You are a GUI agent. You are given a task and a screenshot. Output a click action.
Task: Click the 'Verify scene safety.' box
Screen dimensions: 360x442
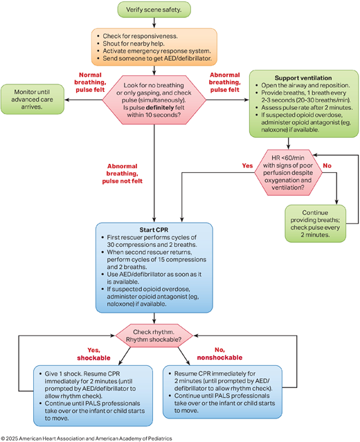pos(154,10)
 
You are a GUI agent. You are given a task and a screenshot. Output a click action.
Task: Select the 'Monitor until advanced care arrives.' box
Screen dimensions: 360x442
pos(32,99)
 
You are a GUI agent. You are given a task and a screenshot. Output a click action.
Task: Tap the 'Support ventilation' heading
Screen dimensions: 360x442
pos(303,78)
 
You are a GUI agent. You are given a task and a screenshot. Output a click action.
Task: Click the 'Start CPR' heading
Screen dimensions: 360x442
pos(154,230)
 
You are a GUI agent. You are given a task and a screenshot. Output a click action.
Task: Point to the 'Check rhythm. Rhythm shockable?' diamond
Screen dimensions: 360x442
pos(154,335)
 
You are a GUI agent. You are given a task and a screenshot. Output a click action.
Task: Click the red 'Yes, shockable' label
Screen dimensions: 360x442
pos(93,354)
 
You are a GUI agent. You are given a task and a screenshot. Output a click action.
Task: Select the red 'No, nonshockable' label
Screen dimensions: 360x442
pos(219,353)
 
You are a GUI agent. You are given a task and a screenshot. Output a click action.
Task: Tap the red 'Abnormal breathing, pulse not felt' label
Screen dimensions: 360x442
pos(122,174)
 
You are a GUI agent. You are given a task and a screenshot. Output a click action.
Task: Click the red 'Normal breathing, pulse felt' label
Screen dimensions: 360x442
pos(90,82)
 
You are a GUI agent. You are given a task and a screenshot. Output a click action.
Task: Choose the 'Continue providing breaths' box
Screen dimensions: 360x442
pos(315,223)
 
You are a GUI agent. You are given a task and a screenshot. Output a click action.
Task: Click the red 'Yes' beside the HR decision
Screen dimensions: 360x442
pos(247,166)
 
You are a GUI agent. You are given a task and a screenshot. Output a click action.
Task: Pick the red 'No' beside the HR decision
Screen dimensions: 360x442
pos(327,166)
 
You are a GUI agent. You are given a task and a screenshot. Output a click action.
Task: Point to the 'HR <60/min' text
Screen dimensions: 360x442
pos(288,158)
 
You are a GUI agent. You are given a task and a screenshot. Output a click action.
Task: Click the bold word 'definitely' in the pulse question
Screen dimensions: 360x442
pos(160,108)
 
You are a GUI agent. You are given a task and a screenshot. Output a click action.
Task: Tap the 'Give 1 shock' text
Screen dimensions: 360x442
pos(63,374)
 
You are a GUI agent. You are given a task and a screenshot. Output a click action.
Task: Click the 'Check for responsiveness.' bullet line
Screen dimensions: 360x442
pos(140,36)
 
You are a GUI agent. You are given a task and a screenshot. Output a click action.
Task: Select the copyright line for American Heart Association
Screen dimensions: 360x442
pos(87,439)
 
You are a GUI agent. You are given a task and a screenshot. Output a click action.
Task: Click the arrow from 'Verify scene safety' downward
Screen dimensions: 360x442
pos(154,23)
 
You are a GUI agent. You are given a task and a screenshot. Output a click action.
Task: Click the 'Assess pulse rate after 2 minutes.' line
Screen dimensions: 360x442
pos(307,108)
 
